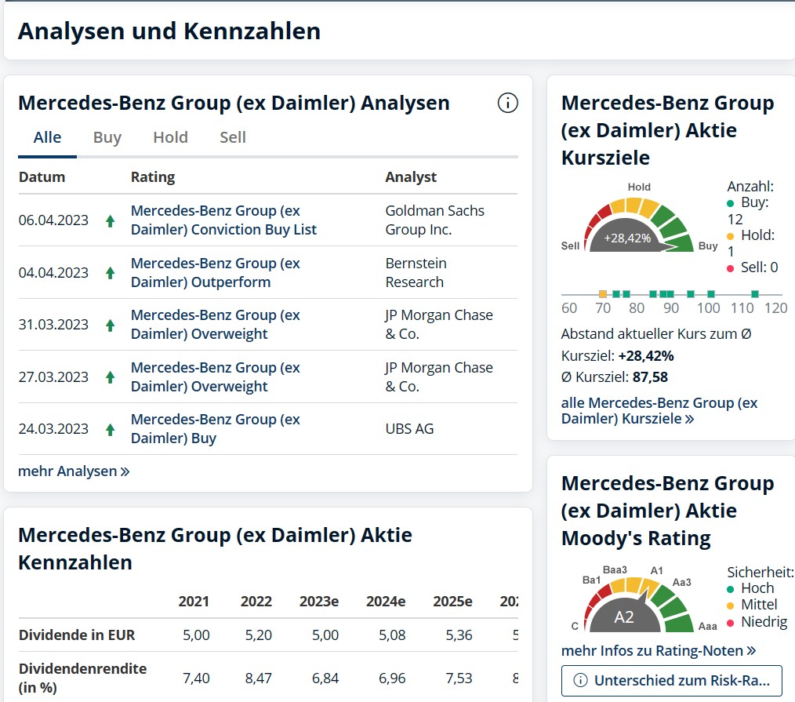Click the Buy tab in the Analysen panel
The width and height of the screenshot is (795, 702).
107,137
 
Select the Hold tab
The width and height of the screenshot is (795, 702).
170,137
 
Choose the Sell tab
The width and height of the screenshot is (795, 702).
233,137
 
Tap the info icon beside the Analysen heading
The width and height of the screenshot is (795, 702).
508,103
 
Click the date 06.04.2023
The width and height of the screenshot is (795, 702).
53,220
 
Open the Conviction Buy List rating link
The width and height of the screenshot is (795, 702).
223,220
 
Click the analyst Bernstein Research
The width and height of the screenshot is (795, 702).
415,272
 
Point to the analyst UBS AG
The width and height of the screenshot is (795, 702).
409,429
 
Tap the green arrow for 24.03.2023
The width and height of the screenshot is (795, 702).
111,430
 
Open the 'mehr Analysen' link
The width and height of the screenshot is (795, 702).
74,471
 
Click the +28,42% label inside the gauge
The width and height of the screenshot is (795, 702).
627,238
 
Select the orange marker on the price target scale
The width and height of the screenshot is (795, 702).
603,294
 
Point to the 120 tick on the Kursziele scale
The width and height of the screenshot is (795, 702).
775,308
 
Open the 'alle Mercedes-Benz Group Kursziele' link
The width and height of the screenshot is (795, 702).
659,411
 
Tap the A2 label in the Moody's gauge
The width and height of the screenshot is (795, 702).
623,617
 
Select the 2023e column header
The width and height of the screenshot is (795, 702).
318,602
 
